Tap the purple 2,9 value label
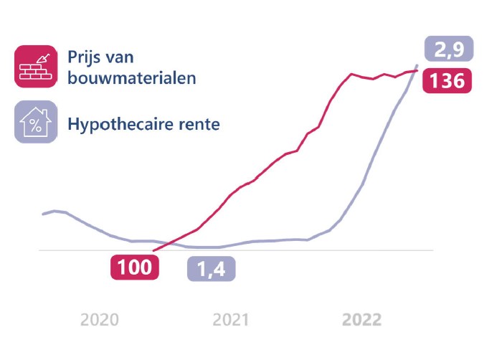(449, 50)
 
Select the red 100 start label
(135, 267)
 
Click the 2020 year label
(100, 320)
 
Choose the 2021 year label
(231, 320)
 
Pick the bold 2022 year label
(361, 320)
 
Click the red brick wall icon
(36, 66)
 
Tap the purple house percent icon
(36, 121)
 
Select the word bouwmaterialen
(132, 77)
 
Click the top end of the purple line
(417, 65)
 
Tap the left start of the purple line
(43, 214)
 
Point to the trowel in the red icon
(44, 57)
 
